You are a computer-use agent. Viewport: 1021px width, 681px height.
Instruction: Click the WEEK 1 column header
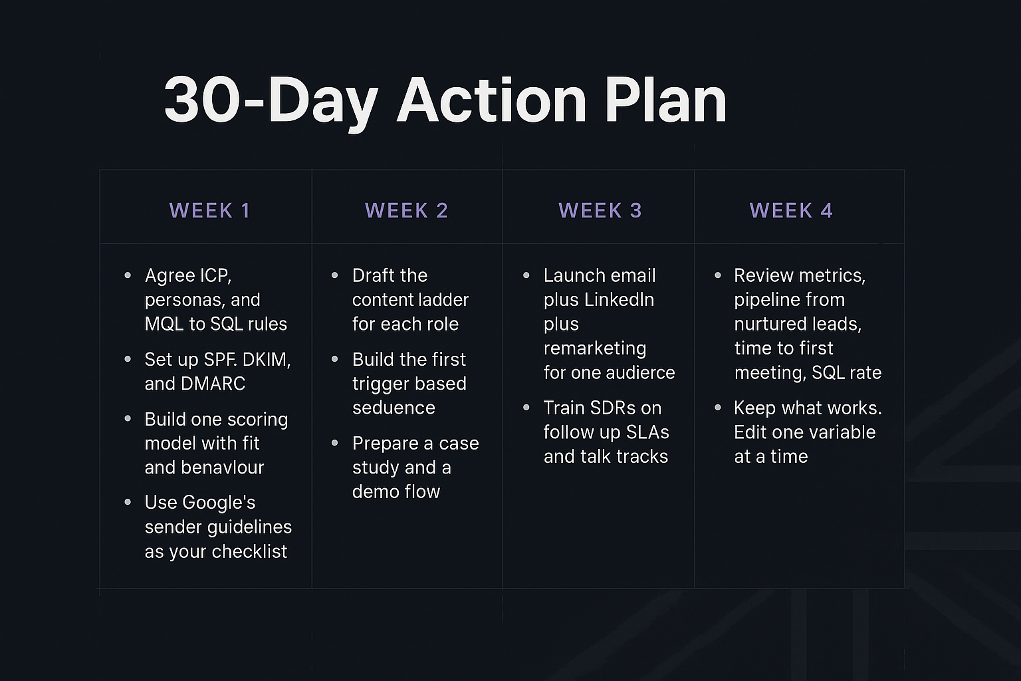point(209,211)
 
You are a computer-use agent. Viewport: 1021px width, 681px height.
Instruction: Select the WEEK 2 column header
point(407,211)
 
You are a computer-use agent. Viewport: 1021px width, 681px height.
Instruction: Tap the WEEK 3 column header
point(600,211)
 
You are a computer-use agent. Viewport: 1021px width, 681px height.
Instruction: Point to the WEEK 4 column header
point(791,211)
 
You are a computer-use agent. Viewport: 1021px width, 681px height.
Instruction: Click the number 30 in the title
point(202,100)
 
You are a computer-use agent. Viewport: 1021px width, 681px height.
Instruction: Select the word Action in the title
point(491,100)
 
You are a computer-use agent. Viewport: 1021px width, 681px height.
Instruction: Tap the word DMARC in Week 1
point(213,384)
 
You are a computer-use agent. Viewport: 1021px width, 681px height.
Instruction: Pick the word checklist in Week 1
point(249,552)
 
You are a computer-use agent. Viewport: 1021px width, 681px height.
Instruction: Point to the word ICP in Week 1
point(213,276)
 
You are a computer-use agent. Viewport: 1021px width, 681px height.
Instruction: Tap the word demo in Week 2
point(374,491)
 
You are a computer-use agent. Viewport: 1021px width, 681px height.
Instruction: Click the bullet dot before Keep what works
point(718,407)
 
